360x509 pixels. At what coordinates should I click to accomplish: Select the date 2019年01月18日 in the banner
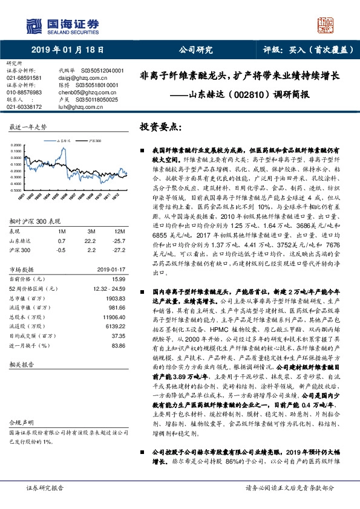point(67,51)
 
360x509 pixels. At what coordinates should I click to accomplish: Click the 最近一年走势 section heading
point(28,127)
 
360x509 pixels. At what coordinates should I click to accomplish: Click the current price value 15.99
point(119,279)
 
